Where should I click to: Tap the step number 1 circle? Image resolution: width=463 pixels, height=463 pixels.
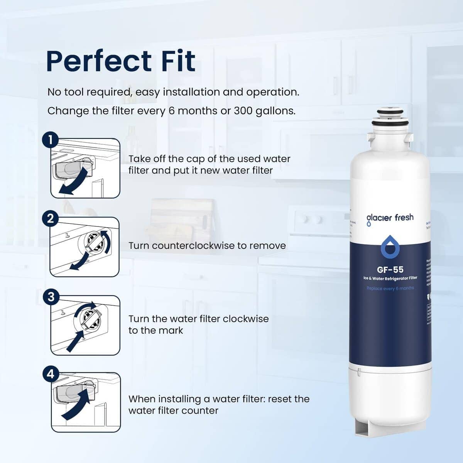pyautogui.click(x=50, y=140)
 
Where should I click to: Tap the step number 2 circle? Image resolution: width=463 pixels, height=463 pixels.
pyautogui.click(x=50, y=219)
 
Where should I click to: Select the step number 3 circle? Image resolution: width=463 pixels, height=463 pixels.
pyautogui.click(x=50, y=297)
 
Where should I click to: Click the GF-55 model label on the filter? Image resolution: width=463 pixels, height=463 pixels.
pyautogui.click(x=390, y=269)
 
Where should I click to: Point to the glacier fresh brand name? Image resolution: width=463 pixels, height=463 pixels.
pyautogui.click(x=390, y=218)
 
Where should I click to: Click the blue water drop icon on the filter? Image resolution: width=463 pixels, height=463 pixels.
pyautogui.click(x=390, y=248)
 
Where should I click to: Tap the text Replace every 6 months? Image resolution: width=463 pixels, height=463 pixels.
pyautogui.click(x=390, y=288)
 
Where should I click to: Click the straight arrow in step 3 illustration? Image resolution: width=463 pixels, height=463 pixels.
pyautogui.click(x=75, y=340)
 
